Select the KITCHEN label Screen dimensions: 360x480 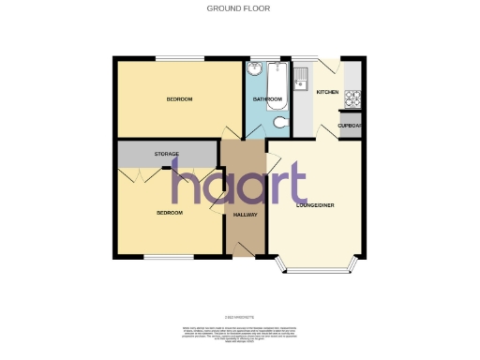click(x=327, y=92)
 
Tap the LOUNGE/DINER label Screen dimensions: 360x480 click(x=315, y=204)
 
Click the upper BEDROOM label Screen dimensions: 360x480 click(x=180, y=98)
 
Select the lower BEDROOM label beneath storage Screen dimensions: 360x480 click(x=169, y=213)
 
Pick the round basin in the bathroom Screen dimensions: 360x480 click(x=255, y=69)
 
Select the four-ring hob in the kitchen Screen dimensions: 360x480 click(x=354, y=96)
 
